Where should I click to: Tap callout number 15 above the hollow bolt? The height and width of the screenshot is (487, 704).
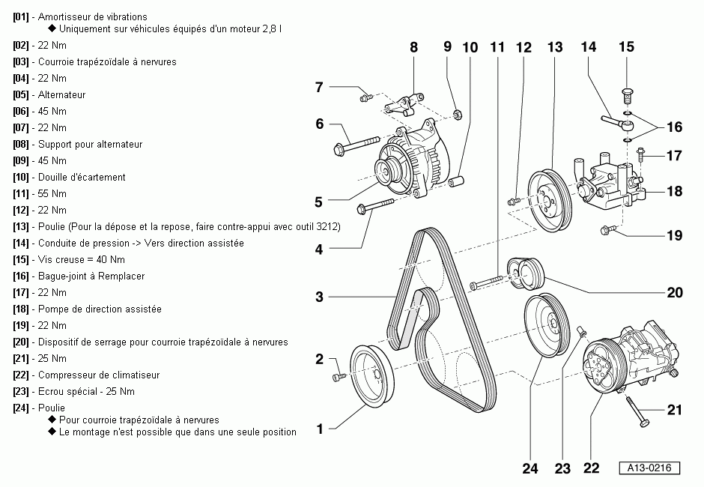626,47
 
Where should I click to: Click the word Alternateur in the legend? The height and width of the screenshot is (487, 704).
62,95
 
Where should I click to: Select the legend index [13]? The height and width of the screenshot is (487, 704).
21,227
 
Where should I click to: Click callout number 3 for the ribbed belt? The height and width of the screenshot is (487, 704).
319,297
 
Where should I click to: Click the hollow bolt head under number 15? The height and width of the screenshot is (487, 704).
627,95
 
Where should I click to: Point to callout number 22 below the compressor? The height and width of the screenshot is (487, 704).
591,469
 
